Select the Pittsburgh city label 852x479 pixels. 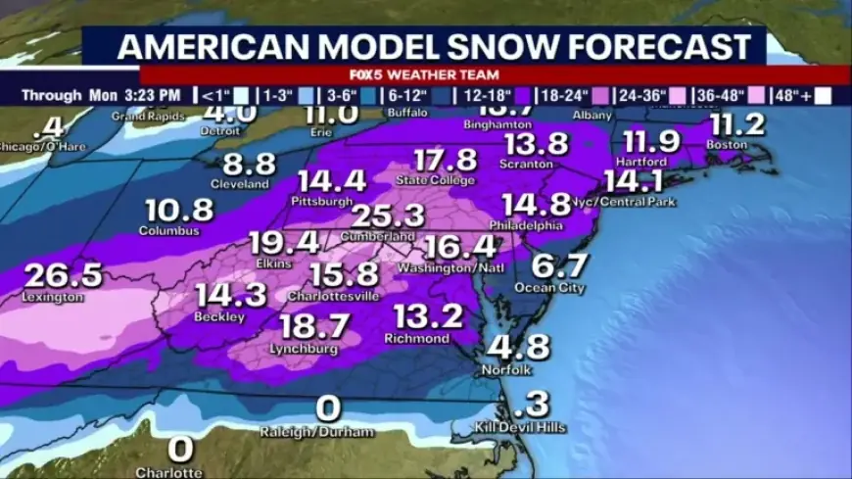tap(321, 201)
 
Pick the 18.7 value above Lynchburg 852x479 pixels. tap(316, 327)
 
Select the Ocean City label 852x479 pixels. tap(550, 288)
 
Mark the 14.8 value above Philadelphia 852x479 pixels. tap(536, 204)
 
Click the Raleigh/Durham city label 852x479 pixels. tap(317, 432)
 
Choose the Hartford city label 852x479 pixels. tap(643, 161)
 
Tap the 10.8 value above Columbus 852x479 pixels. tap(179, 210)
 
